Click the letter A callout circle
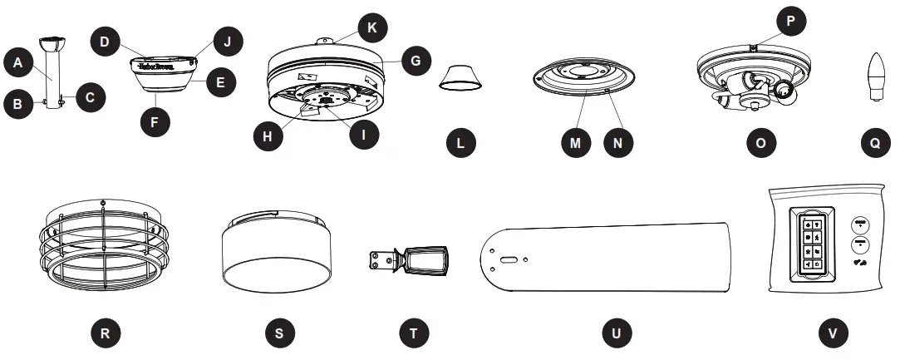[17, 61]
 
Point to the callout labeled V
[834, 333]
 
